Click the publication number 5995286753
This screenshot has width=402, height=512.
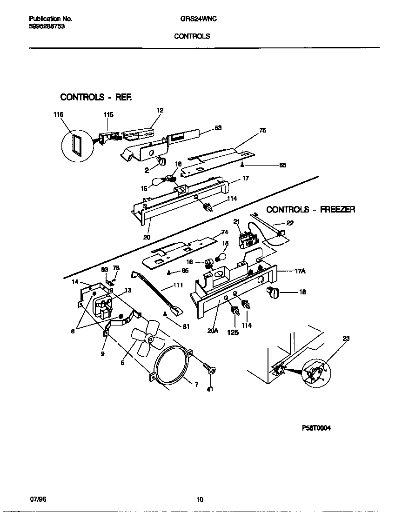point(47,27)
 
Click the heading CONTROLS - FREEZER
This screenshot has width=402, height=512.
point(310,210)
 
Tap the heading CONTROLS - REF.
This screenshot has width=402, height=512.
point(96,97)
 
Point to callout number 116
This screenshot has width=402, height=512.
point(58,114)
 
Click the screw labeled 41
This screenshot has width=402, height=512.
point(210,370)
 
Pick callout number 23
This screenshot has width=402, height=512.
point(346,339)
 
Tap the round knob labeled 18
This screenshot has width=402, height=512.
point(273,293)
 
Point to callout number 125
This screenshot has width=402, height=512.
point(233,332)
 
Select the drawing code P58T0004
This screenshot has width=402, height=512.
point(316,429)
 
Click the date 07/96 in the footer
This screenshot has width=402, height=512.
point(38,499)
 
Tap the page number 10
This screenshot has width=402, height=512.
point(200,500)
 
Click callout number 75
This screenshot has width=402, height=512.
point(262,131)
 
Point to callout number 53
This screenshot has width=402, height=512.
point(218,128)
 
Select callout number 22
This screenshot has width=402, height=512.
point(289,223)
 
